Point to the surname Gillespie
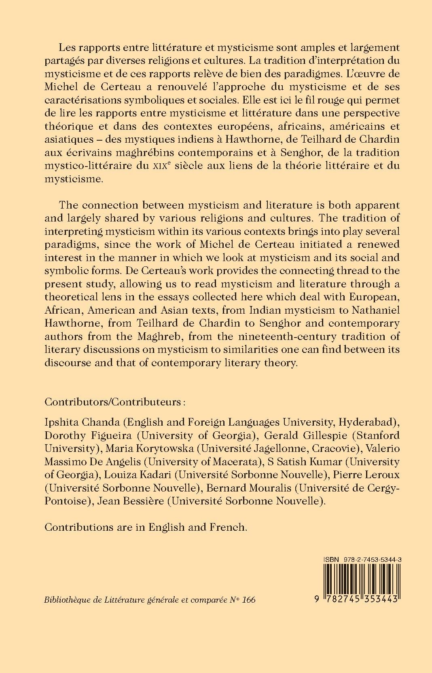[315, 435]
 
